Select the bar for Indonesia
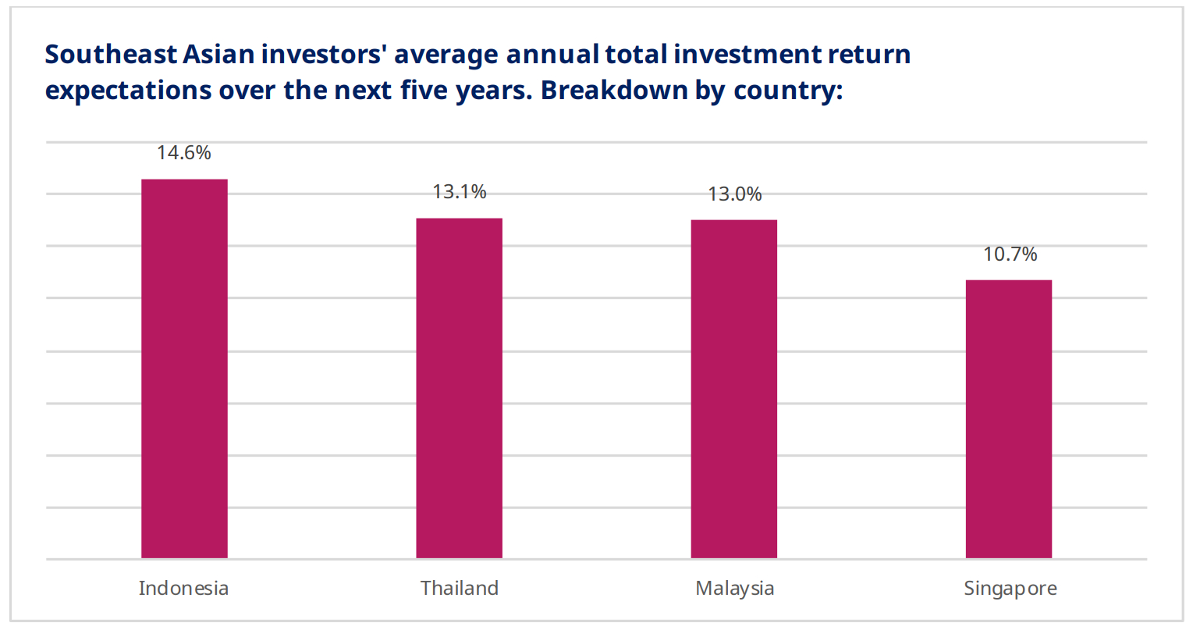click(x=184, y=368)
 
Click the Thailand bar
click(x=459, y=388)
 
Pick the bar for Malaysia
click(x=734, y=389)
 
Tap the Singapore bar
click(x=1009, y=419)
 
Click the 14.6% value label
click(x=183, y=153)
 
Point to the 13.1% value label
click(x=459, y=192)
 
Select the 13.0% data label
click(x=734, y=194)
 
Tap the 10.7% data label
click(x=1010, y=254)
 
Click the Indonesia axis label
click(x=183, y=589)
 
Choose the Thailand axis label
click(x=459, y=589)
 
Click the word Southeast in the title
click(x=111, y=55)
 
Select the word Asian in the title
click(x=218, y=55)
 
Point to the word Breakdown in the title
click(x=614, y=90)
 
